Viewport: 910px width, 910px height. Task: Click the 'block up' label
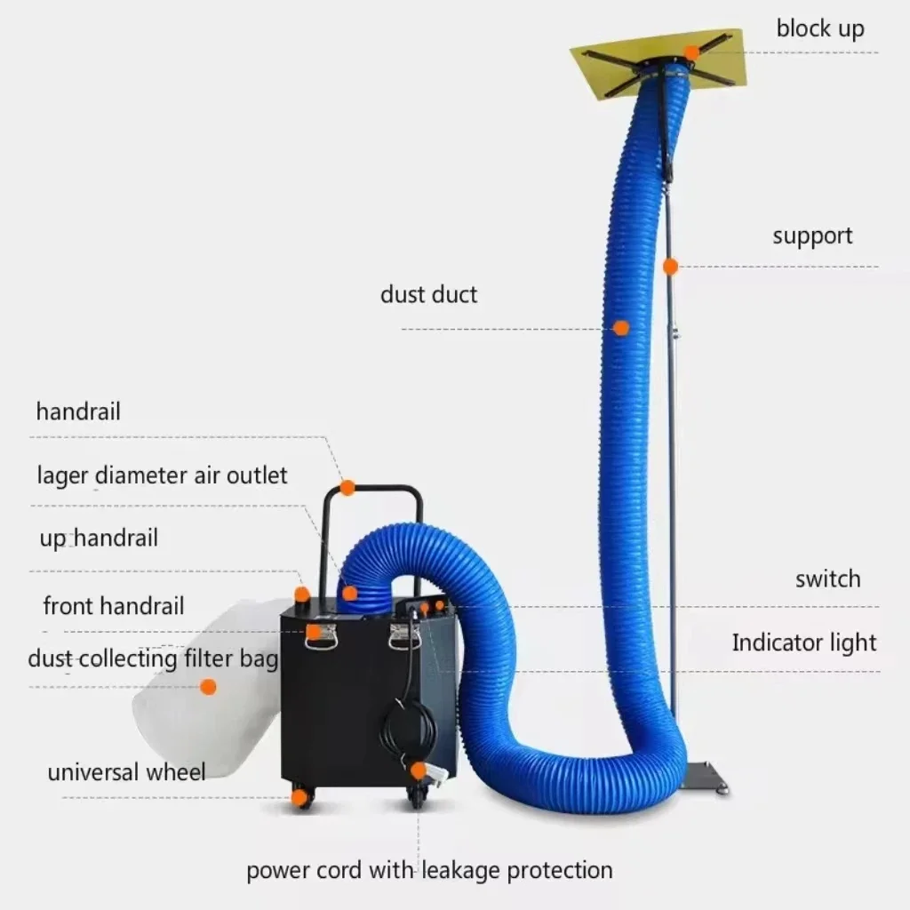point(819,28)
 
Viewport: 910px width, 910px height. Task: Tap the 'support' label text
point(811,236)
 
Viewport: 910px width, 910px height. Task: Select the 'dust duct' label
point(428,295)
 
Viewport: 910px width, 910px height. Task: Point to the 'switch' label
point(827,579)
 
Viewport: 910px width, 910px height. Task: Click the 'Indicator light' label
point(803,643)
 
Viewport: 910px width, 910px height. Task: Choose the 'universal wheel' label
point(126,772)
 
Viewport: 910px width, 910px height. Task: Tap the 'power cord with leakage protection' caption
point(429,870)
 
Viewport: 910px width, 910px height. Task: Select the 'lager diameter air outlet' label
point(162,475)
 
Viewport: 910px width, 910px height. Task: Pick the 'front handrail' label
point(114,606)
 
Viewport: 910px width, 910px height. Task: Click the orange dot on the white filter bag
point(208,686)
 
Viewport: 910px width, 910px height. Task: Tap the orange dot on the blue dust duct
point(621,328)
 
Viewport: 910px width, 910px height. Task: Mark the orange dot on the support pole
point(670,266)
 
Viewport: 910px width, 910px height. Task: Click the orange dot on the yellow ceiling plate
point(691,52)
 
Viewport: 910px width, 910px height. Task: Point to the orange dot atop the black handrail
point(347,487)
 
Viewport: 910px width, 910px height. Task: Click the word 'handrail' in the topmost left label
point(78,412)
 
